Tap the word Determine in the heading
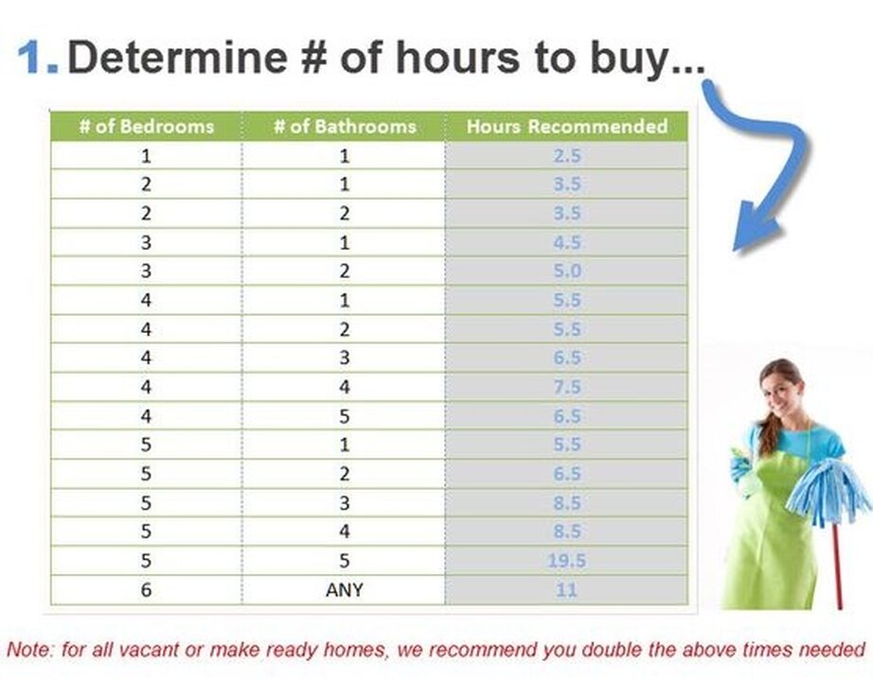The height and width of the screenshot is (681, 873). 178,57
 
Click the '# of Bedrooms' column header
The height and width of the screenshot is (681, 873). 147,127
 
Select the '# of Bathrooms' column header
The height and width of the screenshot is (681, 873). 345,127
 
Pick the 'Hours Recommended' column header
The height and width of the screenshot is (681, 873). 567,127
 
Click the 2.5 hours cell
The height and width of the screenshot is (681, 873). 567,155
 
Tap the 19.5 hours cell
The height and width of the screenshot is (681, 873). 567,560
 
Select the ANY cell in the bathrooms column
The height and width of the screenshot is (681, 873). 345,589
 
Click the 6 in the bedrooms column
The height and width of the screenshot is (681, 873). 146,589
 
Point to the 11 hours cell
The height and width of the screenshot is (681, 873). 567,589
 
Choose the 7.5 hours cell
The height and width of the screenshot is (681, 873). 567,387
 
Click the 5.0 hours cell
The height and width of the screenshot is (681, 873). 567,271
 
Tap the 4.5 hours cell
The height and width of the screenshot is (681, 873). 567,242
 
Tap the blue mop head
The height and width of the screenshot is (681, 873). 828,491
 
